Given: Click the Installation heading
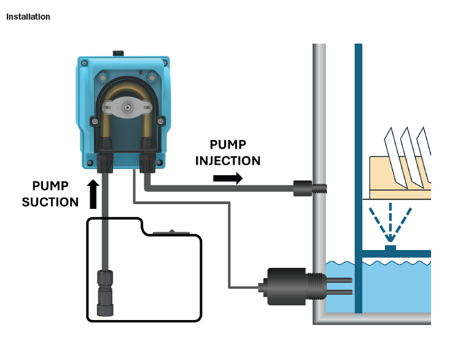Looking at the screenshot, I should point(28,17).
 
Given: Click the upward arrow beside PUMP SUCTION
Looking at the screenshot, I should point(93,194).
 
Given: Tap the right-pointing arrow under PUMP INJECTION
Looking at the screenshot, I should point(227,178).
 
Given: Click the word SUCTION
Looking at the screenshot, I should point(50,202).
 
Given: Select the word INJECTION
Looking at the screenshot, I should point(228,160).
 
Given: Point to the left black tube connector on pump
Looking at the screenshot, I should point(104,162).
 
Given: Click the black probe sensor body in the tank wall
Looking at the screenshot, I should point(286,286).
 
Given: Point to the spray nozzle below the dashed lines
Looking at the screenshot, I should point(390,247).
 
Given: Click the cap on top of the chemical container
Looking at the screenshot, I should point(172,232).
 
